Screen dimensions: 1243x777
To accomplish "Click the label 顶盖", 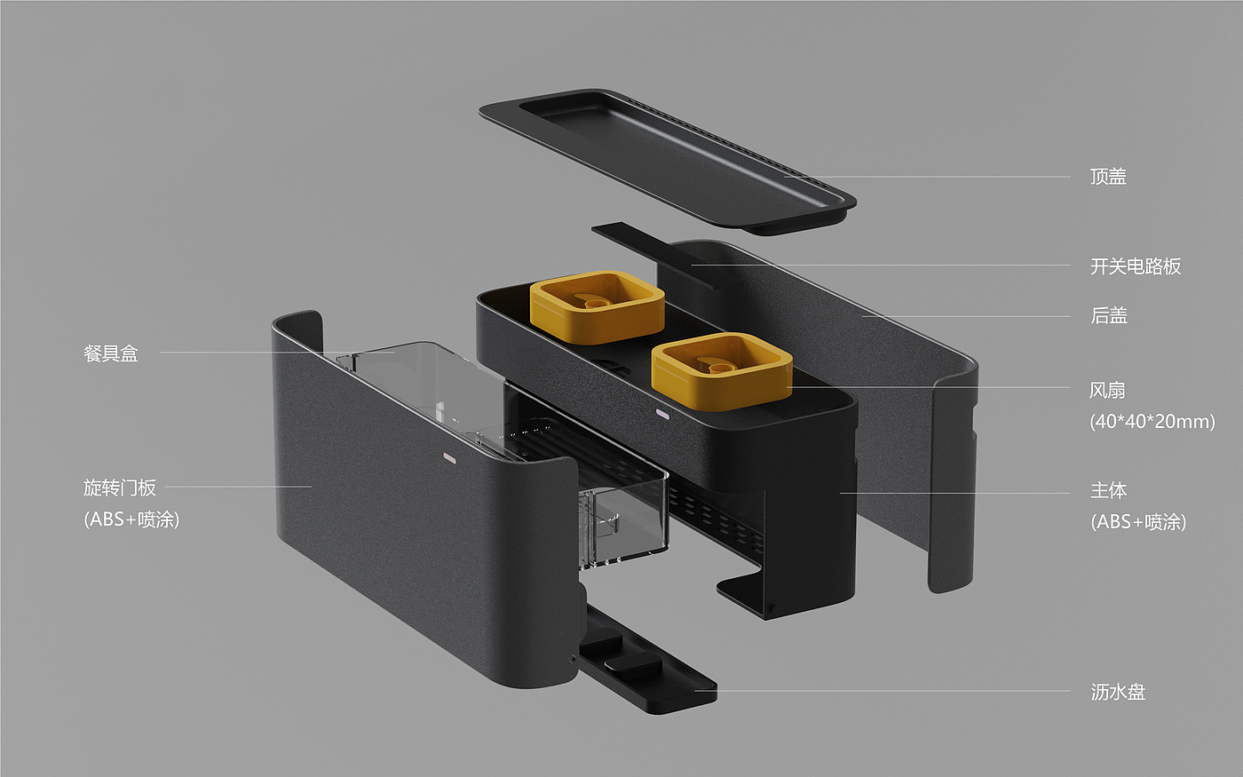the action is coord(1108,177).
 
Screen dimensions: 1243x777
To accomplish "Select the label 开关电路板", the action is coord(1136,266).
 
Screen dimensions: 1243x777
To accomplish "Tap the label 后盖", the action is coord(1109,315).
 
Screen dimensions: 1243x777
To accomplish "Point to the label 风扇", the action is coord(1107,390).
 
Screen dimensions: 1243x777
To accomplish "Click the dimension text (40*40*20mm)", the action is coord(1152,421).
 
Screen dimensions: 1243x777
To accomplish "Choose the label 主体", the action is coord(1109,490).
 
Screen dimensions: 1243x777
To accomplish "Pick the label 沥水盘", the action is coord(1118,692).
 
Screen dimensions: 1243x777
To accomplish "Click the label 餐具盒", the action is coord(110,353).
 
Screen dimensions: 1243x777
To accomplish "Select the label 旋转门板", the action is coord(119,488).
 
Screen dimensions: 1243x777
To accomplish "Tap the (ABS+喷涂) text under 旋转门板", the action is coord(131,519).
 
